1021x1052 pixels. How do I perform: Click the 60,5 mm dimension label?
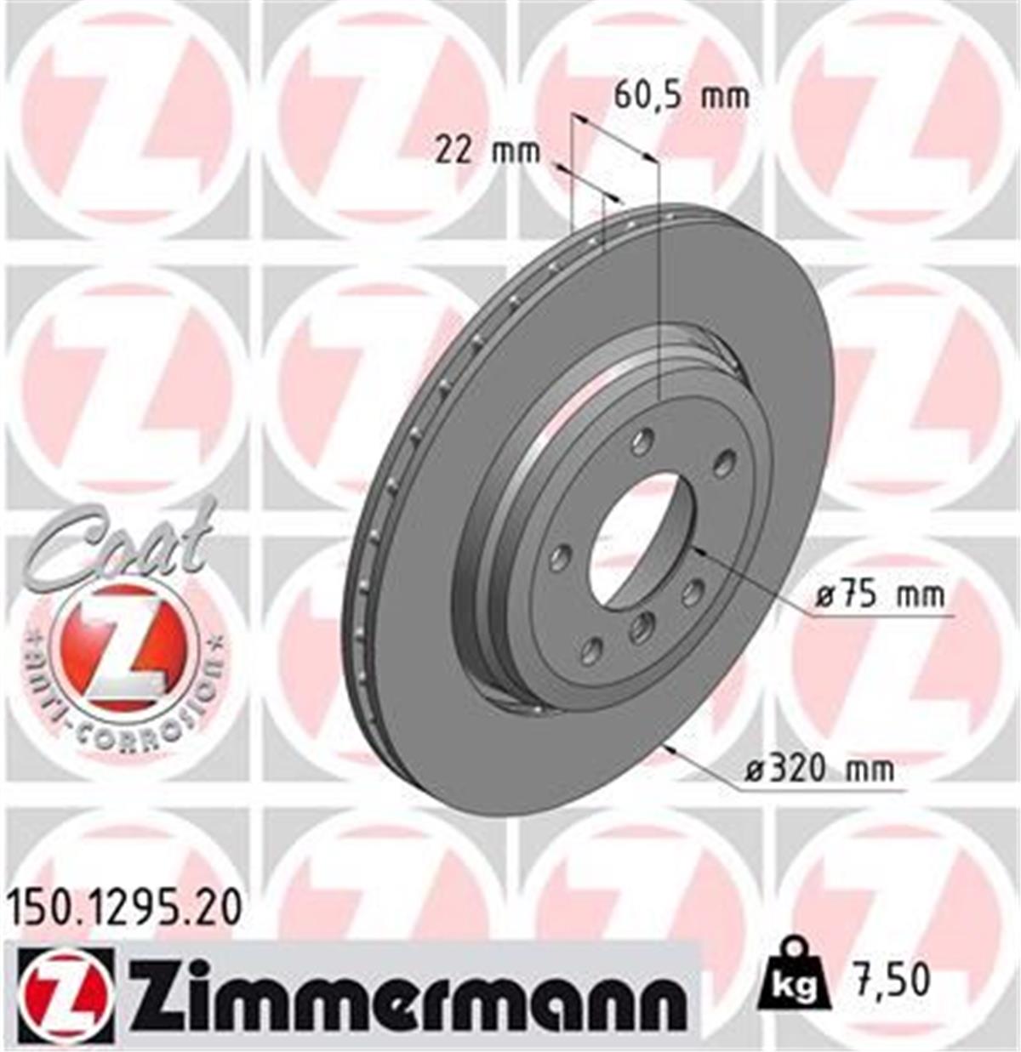[x=682, y=96]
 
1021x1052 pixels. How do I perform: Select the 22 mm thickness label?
[x=487, y=151]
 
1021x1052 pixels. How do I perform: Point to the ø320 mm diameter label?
[x=819, y=770]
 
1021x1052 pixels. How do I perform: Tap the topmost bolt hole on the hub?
[x=643, y=441]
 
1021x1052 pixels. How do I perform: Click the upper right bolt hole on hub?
[x=724, y=463]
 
